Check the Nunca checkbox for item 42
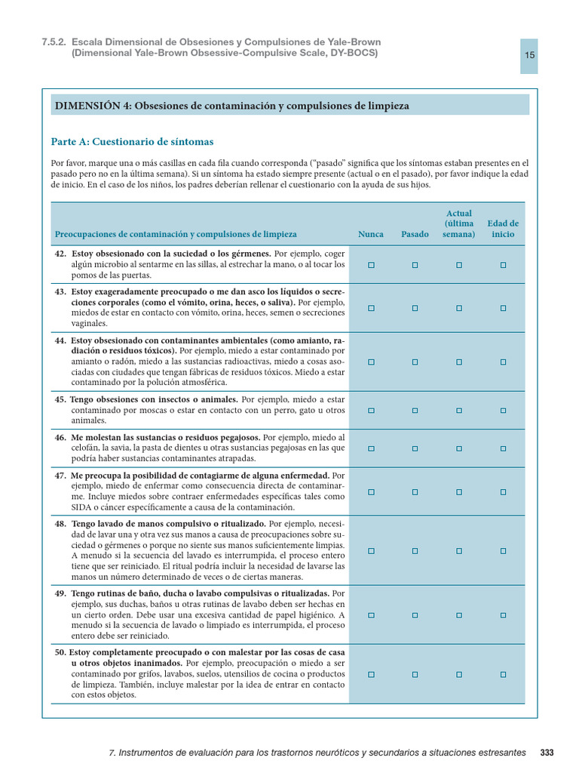point(371,265)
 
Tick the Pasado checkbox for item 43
point(415,308)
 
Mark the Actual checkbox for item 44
point(458,362)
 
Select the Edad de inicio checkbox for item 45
point(503,410)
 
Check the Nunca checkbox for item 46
point(371,448)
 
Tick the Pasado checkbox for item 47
point(415,492)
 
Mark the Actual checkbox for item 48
point(458,551)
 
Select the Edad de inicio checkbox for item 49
point(503,615)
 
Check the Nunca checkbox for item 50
point(371,674)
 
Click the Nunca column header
point(371,234)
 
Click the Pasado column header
point(415,234)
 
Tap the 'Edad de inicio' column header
point(503,229)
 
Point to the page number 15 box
point(529,56)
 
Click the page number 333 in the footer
point(547,753)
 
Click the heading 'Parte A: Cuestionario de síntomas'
point(132,141)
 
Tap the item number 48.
point(60,523)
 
